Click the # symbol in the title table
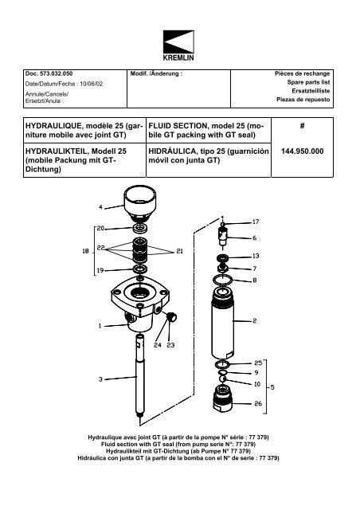coord(303,126)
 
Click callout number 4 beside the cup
coord(100,208)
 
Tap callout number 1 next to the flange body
coord(100,325)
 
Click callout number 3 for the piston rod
coord(100,379)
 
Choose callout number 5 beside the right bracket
coord(273,388)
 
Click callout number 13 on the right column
coord(255,257)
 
